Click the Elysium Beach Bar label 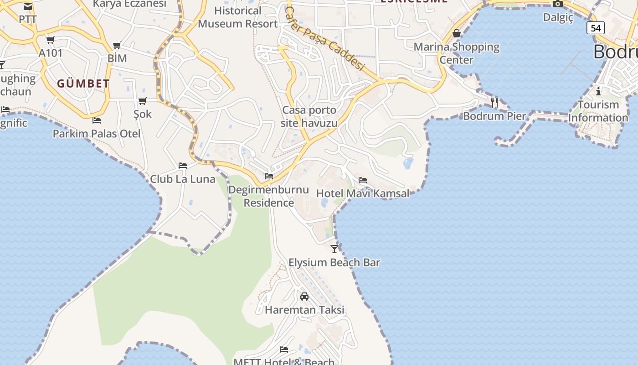point(334,262)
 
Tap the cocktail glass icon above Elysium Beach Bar point(334,249)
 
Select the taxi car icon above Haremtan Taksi point(304,297)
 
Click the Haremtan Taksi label point(304,310)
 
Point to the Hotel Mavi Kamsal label point(363,193)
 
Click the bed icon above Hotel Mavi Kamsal point(363,180)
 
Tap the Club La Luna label point(183,179)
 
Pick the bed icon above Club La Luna point(183,165)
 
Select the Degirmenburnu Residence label point(269,196)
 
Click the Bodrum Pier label point(494,116)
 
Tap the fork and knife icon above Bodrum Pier point(494,102)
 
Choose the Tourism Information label point(598,111)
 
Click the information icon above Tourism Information point(598,91)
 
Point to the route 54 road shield point(595,28)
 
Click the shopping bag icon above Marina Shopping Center point(457,33)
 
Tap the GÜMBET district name point(83,83)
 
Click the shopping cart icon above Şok point(143,101)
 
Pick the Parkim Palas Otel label point(97,134)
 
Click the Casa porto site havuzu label point(310,116)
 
